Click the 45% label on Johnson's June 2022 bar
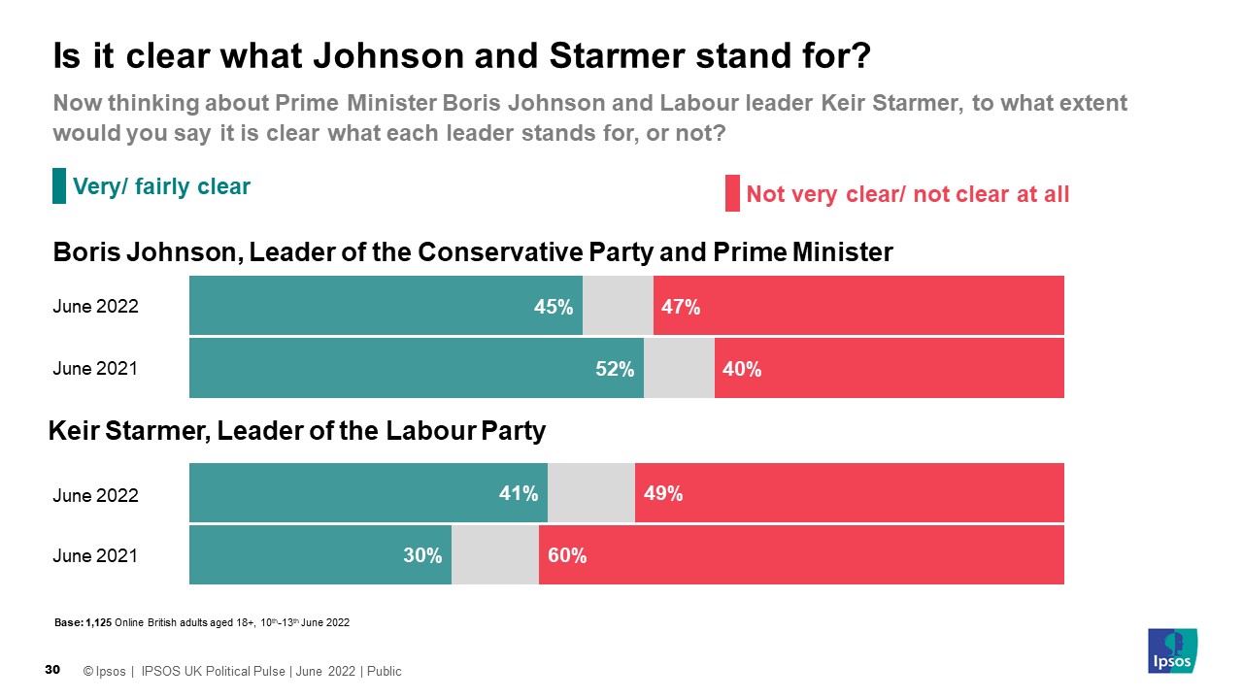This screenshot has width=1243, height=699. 554,307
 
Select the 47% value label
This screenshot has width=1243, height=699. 681,307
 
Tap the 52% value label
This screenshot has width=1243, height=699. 615,369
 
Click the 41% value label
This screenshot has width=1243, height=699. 519,493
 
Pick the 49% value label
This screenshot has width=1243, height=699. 662,493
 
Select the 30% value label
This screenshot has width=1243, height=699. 422,555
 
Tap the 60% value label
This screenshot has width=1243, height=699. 566,555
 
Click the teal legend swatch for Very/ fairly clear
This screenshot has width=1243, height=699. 59,186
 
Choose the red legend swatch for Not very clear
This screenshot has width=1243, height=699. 732,193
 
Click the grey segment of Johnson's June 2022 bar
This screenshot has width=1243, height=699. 618,306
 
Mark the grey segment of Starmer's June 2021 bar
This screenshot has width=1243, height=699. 495,555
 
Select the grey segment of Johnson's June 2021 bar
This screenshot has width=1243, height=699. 679,369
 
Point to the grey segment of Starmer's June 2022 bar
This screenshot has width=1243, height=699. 591,493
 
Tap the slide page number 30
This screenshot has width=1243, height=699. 53,670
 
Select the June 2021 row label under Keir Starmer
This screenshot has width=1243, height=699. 95,556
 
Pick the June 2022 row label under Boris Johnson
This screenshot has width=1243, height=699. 95,307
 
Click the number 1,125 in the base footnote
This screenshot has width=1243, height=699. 99,622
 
